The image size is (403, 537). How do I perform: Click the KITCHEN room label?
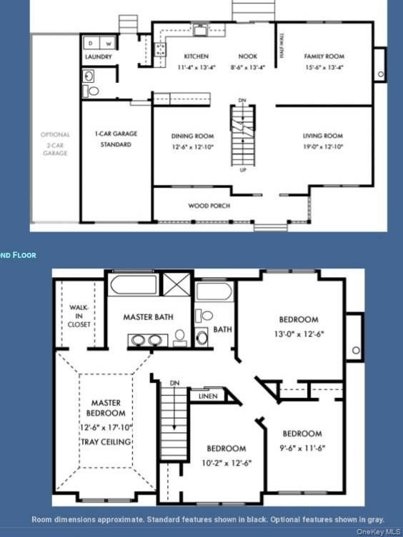coord(196,56)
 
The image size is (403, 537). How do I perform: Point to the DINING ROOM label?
coord(192,136)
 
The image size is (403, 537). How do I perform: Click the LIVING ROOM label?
coord(323,136)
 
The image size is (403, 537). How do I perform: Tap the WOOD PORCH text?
coord(209,206)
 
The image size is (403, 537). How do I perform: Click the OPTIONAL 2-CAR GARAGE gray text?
coord(55,144)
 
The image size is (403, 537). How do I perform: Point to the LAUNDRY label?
coord(98,56)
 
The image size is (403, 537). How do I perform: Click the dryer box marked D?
coord(91,44)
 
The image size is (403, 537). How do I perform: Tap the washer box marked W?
coord(109,44)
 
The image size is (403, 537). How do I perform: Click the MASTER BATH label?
coord(149,317)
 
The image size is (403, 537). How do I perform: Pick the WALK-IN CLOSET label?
coord(79,316)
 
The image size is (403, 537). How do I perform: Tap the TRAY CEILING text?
coord(106,442)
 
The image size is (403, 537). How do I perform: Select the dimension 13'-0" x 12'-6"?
coord(299,333)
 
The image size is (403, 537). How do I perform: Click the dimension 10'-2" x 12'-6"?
coord(227,461)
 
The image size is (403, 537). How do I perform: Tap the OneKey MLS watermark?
coord(379,531)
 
